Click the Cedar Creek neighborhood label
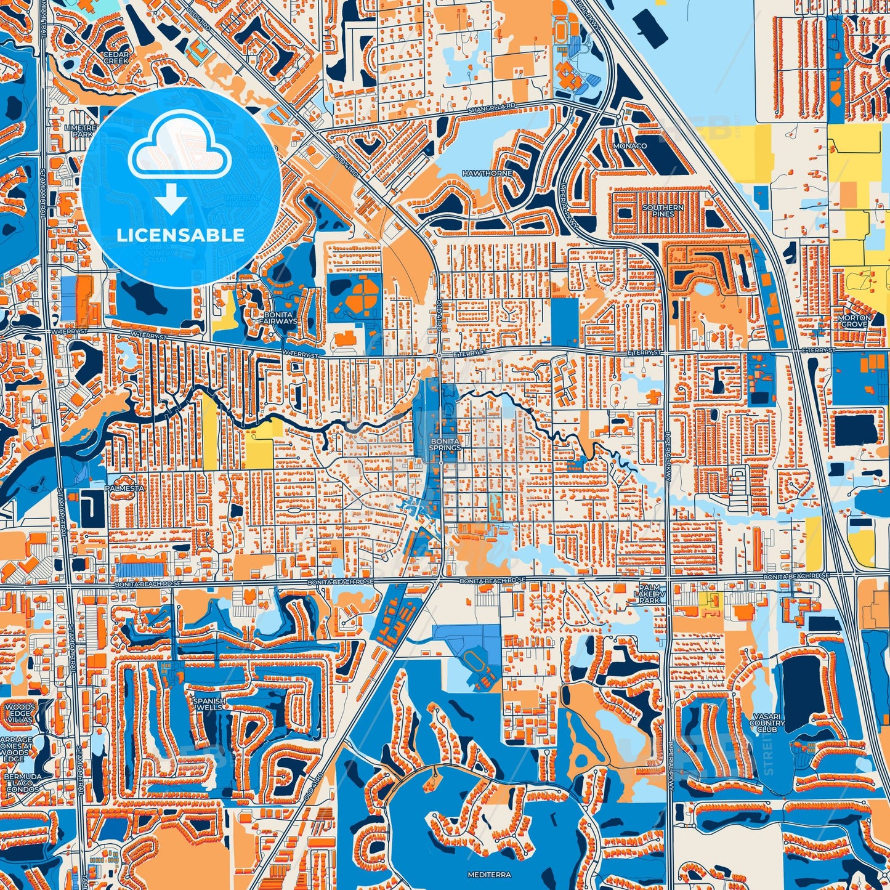coord(115,57)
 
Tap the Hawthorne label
coord(487,174)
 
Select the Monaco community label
coord(629,146)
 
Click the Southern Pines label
coord(663,211)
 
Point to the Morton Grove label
coord(854,321)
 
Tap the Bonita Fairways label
coord(278,318)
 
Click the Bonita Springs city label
coord(445,445)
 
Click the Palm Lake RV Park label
coord(649,593)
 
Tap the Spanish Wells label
coord(209,704)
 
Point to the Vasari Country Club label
coord(767,722)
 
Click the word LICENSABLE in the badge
coord(180,235)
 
